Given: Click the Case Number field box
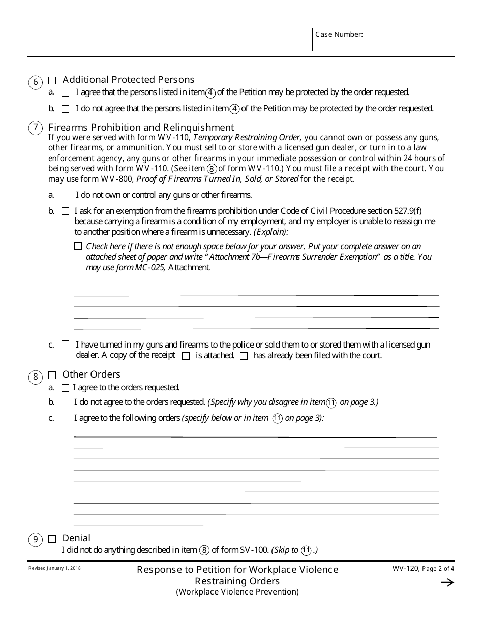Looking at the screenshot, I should click(383, 40).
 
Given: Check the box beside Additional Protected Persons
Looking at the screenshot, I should click(52, 80).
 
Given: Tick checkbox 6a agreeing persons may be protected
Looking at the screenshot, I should click(65, 93).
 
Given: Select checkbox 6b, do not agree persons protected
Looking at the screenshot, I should click(65, 109).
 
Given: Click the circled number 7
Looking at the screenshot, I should click(35, 128).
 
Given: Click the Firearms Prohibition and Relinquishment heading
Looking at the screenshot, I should click(141, 127).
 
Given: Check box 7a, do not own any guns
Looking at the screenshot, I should click(65, 195).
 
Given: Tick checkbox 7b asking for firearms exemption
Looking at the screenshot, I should click(65, 211).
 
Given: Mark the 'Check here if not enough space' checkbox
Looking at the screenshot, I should click(78, 246).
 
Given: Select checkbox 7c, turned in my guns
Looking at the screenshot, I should click(65, 345).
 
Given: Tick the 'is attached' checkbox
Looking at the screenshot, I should click(186, 356).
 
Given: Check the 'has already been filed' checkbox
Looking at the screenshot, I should click(244, 356).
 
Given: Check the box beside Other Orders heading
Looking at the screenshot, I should click(52, 375).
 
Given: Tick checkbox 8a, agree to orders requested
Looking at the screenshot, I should click(65, 388).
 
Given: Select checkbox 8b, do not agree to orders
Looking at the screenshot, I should click(65, 402).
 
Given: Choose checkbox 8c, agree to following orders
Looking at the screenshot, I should click(65, 419).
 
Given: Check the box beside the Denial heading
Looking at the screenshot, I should click(52, 539).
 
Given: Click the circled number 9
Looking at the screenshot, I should click(35, 540).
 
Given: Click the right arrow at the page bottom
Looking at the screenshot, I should click(447, 583).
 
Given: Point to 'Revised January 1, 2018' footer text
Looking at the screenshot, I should click(54, 568).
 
